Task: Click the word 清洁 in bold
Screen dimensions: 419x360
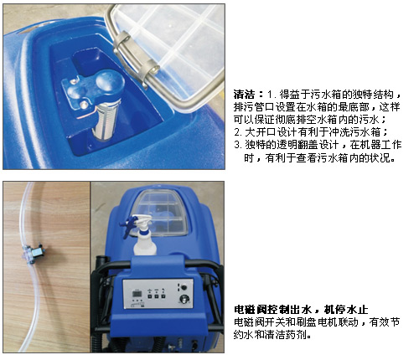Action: coord(244,95)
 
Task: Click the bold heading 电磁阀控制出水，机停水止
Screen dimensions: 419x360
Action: coord(301,310)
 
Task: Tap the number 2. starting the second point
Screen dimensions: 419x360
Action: coord(238,132)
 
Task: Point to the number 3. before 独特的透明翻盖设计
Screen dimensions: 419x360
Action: coord(238,145)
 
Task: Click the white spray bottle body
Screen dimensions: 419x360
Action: coord(144,242)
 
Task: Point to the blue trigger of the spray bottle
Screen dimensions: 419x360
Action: coord(128,225)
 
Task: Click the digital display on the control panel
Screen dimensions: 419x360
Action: coord(137,295)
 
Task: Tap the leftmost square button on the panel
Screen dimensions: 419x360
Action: coord(149,297)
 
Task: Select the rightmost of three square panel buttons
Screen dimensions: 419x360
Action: coord(163,297)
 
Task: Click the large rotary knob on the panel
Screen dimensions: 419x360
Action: coord(184,300)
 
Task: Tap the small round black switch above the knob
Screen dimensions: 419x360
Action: coord(184,287)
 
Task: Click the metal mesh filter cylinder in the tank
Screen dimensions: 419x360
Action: coord(106,120)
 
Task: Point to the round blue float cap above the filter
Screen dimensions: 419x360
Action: coord(110,81)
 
